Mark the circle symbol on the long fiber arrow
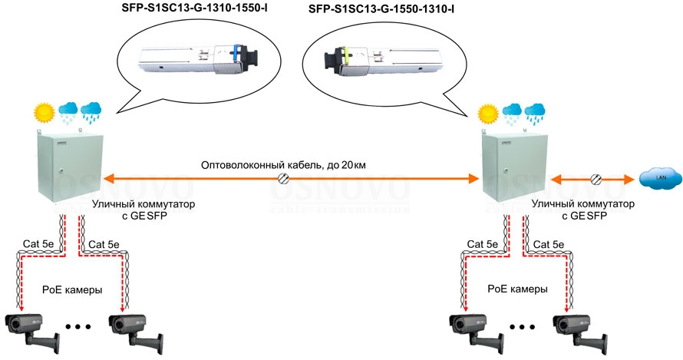tap(282, 179)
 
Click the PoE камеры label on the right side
tap(518, 290)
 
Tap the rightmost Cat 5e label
tap(549, 244)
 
